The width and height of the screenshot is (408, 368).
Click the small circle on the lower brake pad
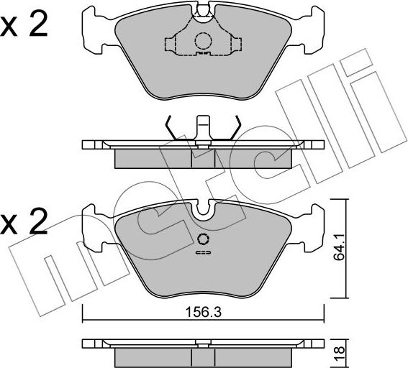coord(202,240)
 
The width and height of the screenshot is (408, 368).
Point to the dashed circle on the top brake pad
coord(203,41)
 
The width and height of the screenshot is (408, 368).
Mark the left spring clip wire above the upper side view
coord(171,129)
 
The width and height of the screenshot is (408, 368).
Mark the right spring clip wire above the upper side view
coord(234,129)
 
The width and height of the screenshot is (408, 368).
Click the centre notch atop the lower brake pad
coord(203,211)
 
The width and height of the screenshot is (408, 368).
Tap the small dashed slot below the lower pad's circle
coord(202,252)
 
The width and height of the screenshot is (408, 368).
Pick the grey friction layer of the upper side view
coord(203,157)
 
